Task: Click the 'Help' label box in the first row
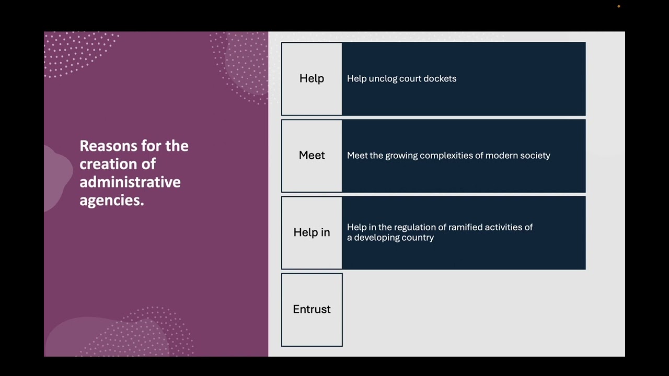click(312, 78)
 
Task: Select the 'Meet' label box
click(312, 155)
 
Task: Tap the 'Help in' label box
click(312, 232)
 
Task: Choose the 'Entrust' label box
click(312, 309)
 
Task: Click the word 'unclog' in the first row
click(383, 78)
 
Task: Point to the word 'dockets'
click(440, 78)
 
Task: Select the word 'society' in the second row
click(534, 155)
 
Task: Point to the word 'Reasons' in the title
click(108, 146)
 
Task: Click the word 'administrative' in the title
click(130, 182)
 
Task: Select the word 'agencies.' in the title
click(111, 200)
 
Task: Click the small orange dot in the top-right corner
click(618, 6)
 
